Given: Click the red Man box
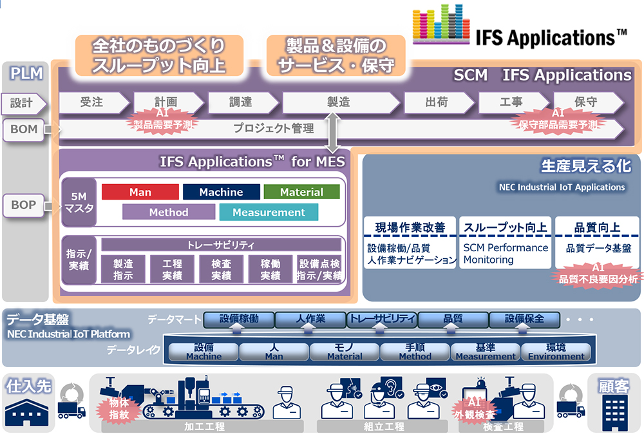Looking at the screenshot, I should point(140,192).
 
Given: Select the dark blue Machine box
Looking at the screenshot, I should point(221,192).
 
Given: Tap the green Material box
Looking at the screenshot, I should point(301,192).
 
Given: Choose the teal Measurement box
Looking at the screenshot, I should point(269,212).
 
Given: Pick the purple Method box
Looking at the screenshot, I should point(169,212).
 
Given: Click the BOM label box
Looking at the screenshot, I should point(24,129).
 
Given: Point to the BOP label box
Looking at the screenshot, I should point(24,205).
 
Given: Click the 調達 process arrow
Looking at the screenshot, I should point(240,102).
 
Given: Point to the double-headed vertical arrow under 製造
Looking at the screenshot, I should point(334,133).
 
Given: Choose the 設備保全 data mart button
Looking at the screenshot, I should point(524,319).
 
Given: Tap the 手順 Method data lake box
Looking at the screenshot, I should point(415,352).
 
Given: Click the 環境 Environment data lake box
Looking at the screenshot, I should point(556,352).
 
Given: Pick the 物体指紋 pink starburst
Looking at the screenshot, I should point(115,410).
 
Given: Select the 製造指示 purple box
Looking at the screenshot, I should point(123,269).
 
